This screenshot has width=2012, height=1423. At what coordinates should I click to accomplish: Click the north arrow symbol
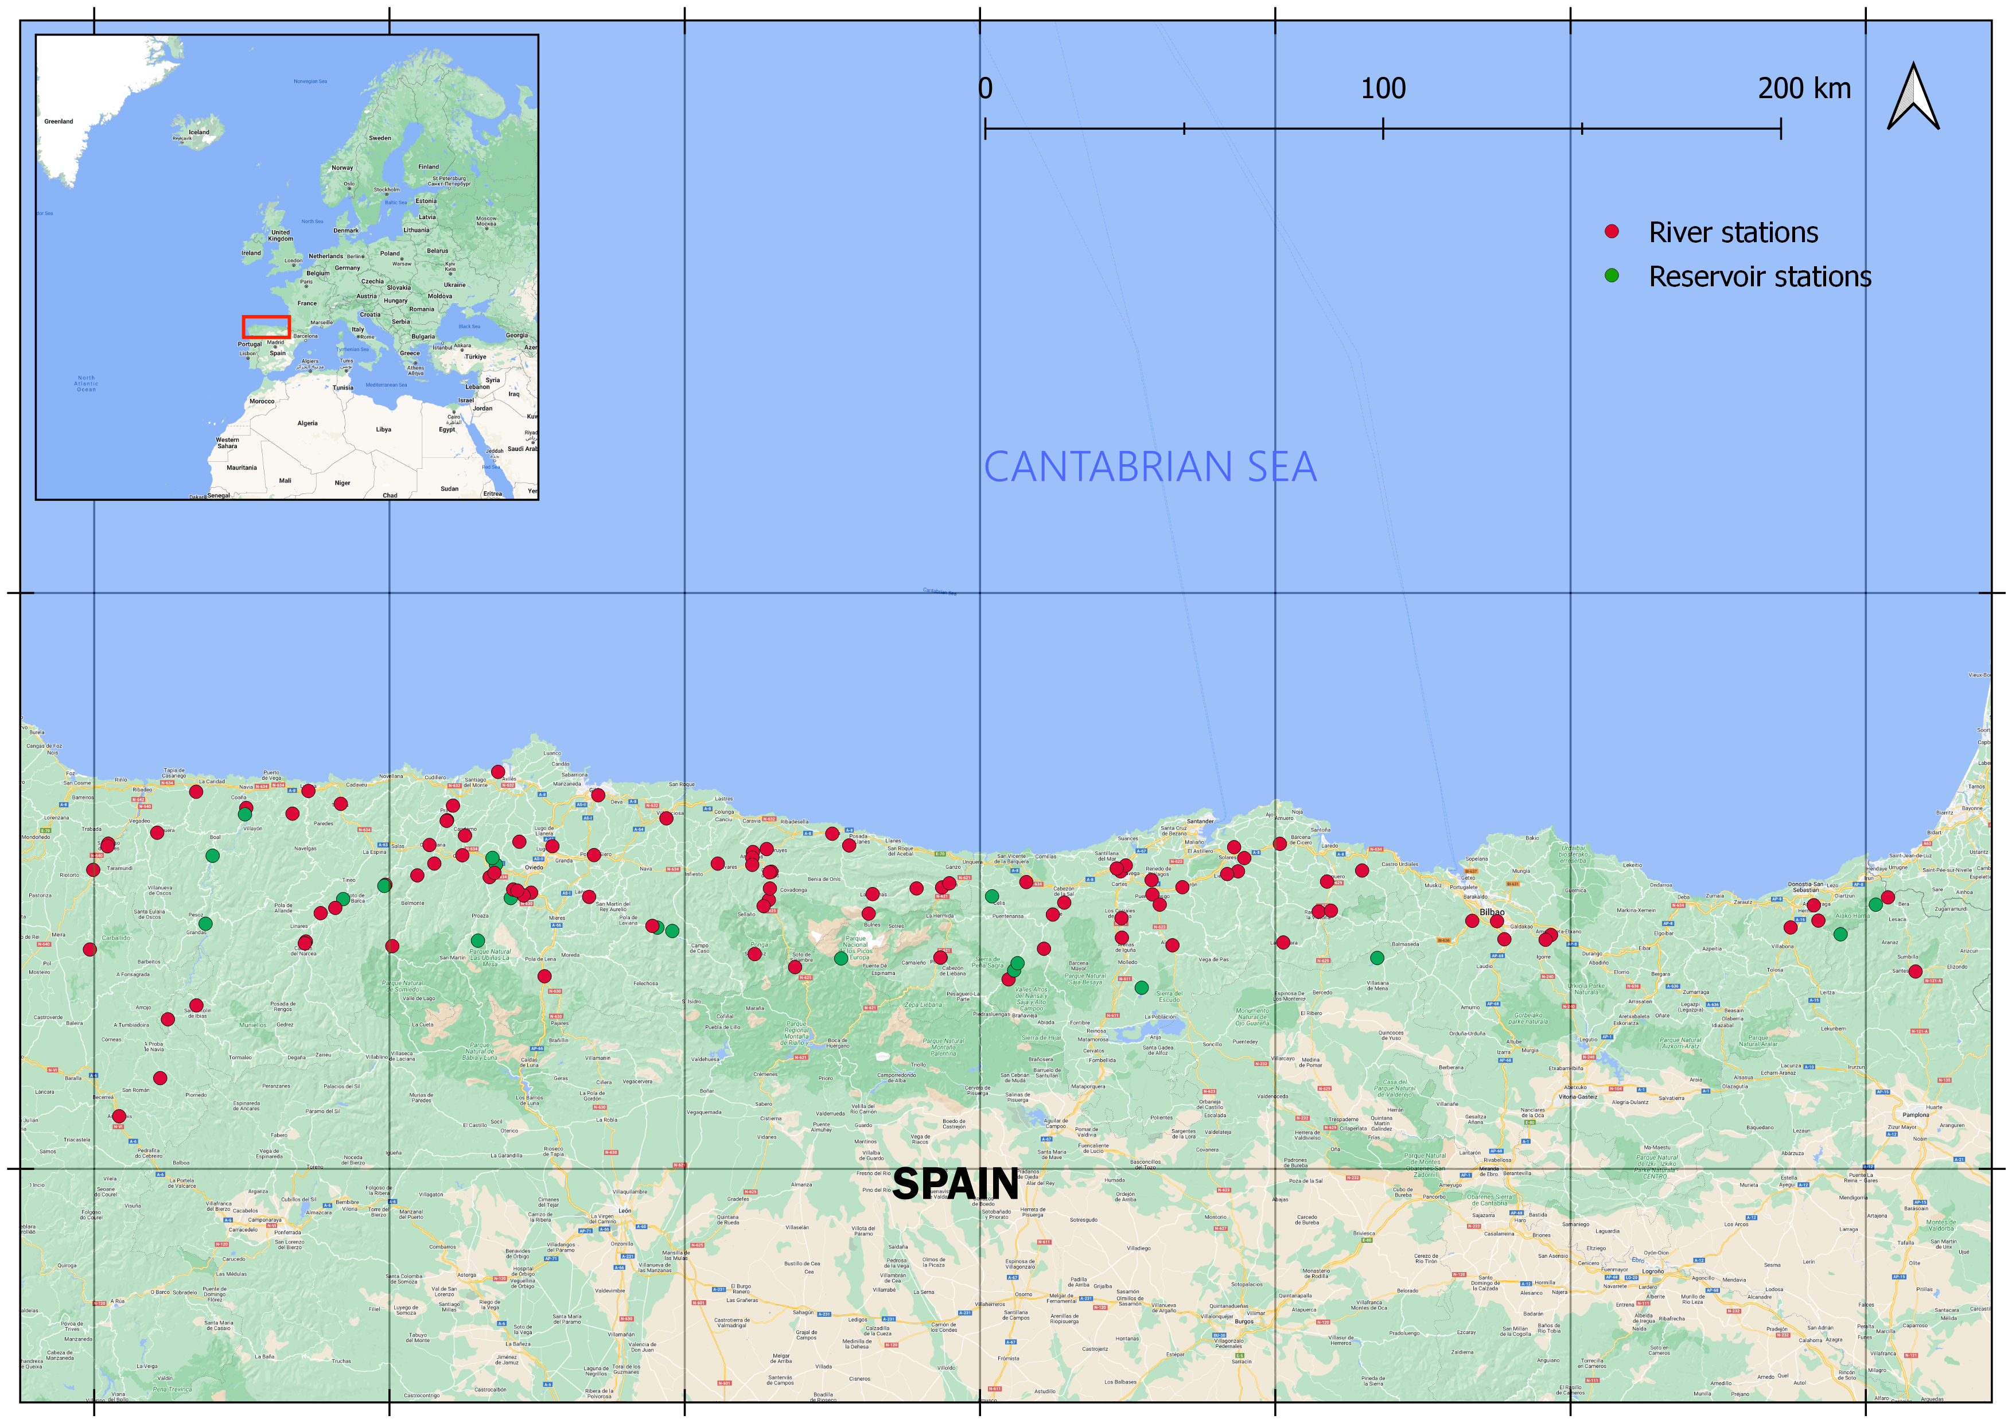[1913, 98]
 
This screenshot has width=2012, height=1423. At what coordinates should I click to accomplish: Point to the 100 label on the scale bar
[1383, 88]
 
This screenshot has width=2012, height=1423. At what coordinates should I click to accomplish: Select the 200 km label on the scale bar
[1803, 88]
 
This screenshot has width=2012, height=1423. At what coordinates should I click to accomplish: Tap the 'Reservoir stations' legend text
[1760, 277]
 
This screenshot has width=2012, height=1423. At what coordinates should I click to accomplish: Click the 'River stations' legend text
[1733, 232]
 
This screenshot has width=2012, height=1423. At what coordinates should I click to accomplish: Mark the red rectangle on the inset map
[266, 327]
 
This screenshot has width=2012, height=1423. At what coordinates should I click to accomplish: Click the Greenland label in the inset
[59, 122]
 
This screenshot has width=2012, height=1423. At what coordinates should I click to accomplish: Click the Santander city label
[1200, 821]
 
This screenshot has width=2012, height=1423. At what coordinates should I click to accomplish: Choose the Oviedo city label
[534, 868]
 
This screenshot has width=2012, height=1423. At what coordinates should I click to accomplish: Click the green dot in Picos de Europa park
[840, 959]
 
